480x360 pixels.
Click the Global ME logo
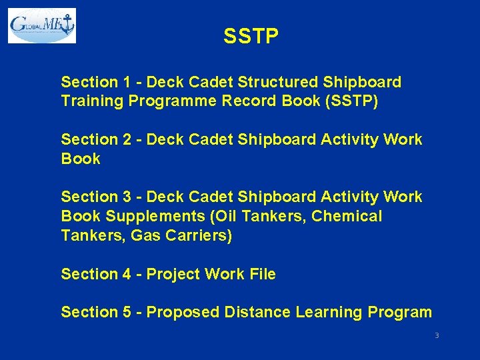tap(42, 25)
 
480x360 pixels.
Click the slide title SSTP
tap(251, 37)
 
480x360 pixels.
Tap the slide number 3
tap(437, 335)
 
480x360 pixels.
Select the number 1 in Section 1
tap(126, 82)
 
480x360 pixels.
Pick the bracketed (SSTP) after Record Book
tap(349, 101)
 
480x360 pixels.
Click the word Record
tap(250, 101)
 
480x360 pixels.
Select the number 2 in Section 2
tap(126, 139)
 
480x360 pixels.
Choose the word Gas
tap(146, 235)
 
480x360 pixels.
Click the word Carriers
tap(199, 235)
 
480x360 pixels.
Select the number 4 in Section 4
tap(126, 274)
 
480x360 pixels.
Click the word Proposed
tap(183, 312)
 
